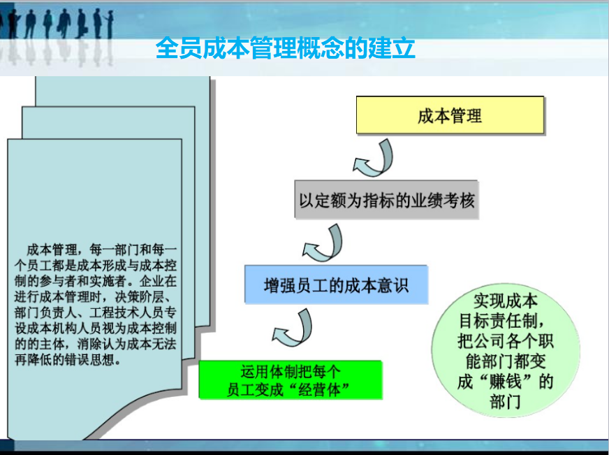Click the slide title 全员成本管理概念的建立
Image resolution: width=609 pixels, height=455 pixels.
pyautogui.click(x=286, y=48)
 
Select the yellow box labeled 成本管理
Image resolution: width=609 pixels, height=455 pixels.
pyautogui.click(x=450, y=115)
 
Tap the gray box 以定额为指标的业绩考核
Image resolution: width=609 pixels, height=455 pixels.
pyautogui.click(x=386, y=200)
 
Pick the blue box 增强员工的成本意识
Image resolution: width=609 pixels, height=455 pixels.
pyautogui.click(x=337, y=284)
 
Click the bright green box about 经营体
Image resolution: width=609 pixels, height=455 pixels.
pyautogui.click(x=291, y=380)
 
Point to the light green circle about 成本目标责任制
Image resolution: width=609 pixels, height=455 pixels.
pyautogui.click(x=506, y=350)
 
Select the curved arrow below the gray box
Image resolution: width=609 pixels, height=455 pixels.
pyautogui.click(x=323, y=243)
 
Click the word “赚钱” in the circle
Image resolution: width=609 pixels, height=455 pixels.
pyautogui.click(x=506, y=382)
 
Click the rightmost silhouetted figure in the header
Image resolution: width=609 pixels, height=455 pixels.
pyautogui.click(x=110, y=23)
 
